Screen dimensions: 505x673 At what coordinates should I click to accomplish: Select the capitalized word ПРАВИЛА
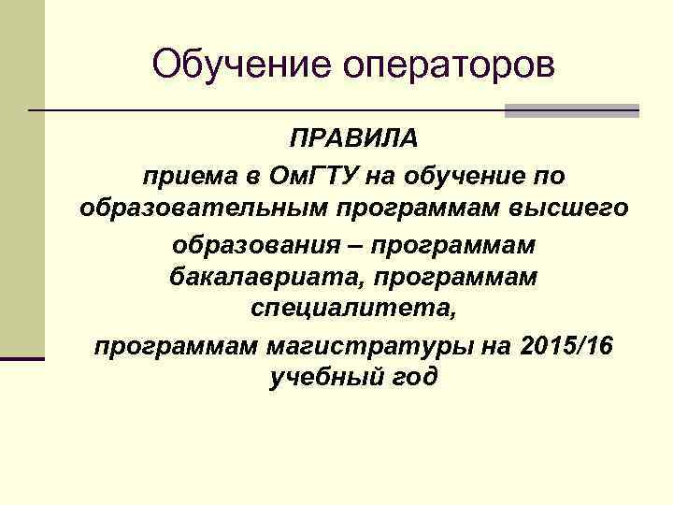354,140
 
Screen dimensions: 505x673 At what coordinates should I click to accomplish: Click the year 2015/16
564,345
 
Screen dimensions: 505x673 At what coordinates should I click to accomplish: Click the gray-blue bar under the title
571,110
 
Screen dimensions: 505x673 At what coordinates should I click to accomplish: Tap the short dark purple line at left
22,357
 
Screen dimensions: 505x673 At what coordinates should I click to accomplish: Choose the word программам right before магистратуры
175,345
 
